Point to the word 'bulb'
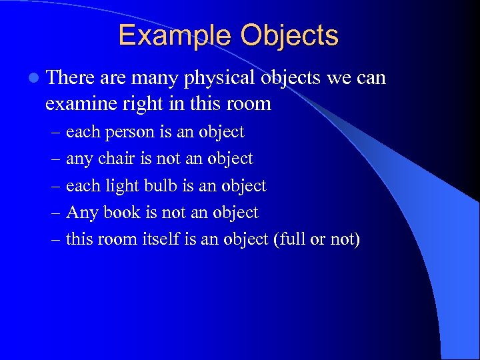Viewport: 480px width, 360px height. coord(157,186)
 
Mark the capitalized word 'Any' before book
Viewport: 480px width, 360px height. coord(82,213)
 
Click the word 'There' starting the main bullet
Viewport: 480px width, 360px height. coord(70,78)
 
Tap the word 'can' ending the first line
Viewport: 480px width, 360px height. coord(371,78)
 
